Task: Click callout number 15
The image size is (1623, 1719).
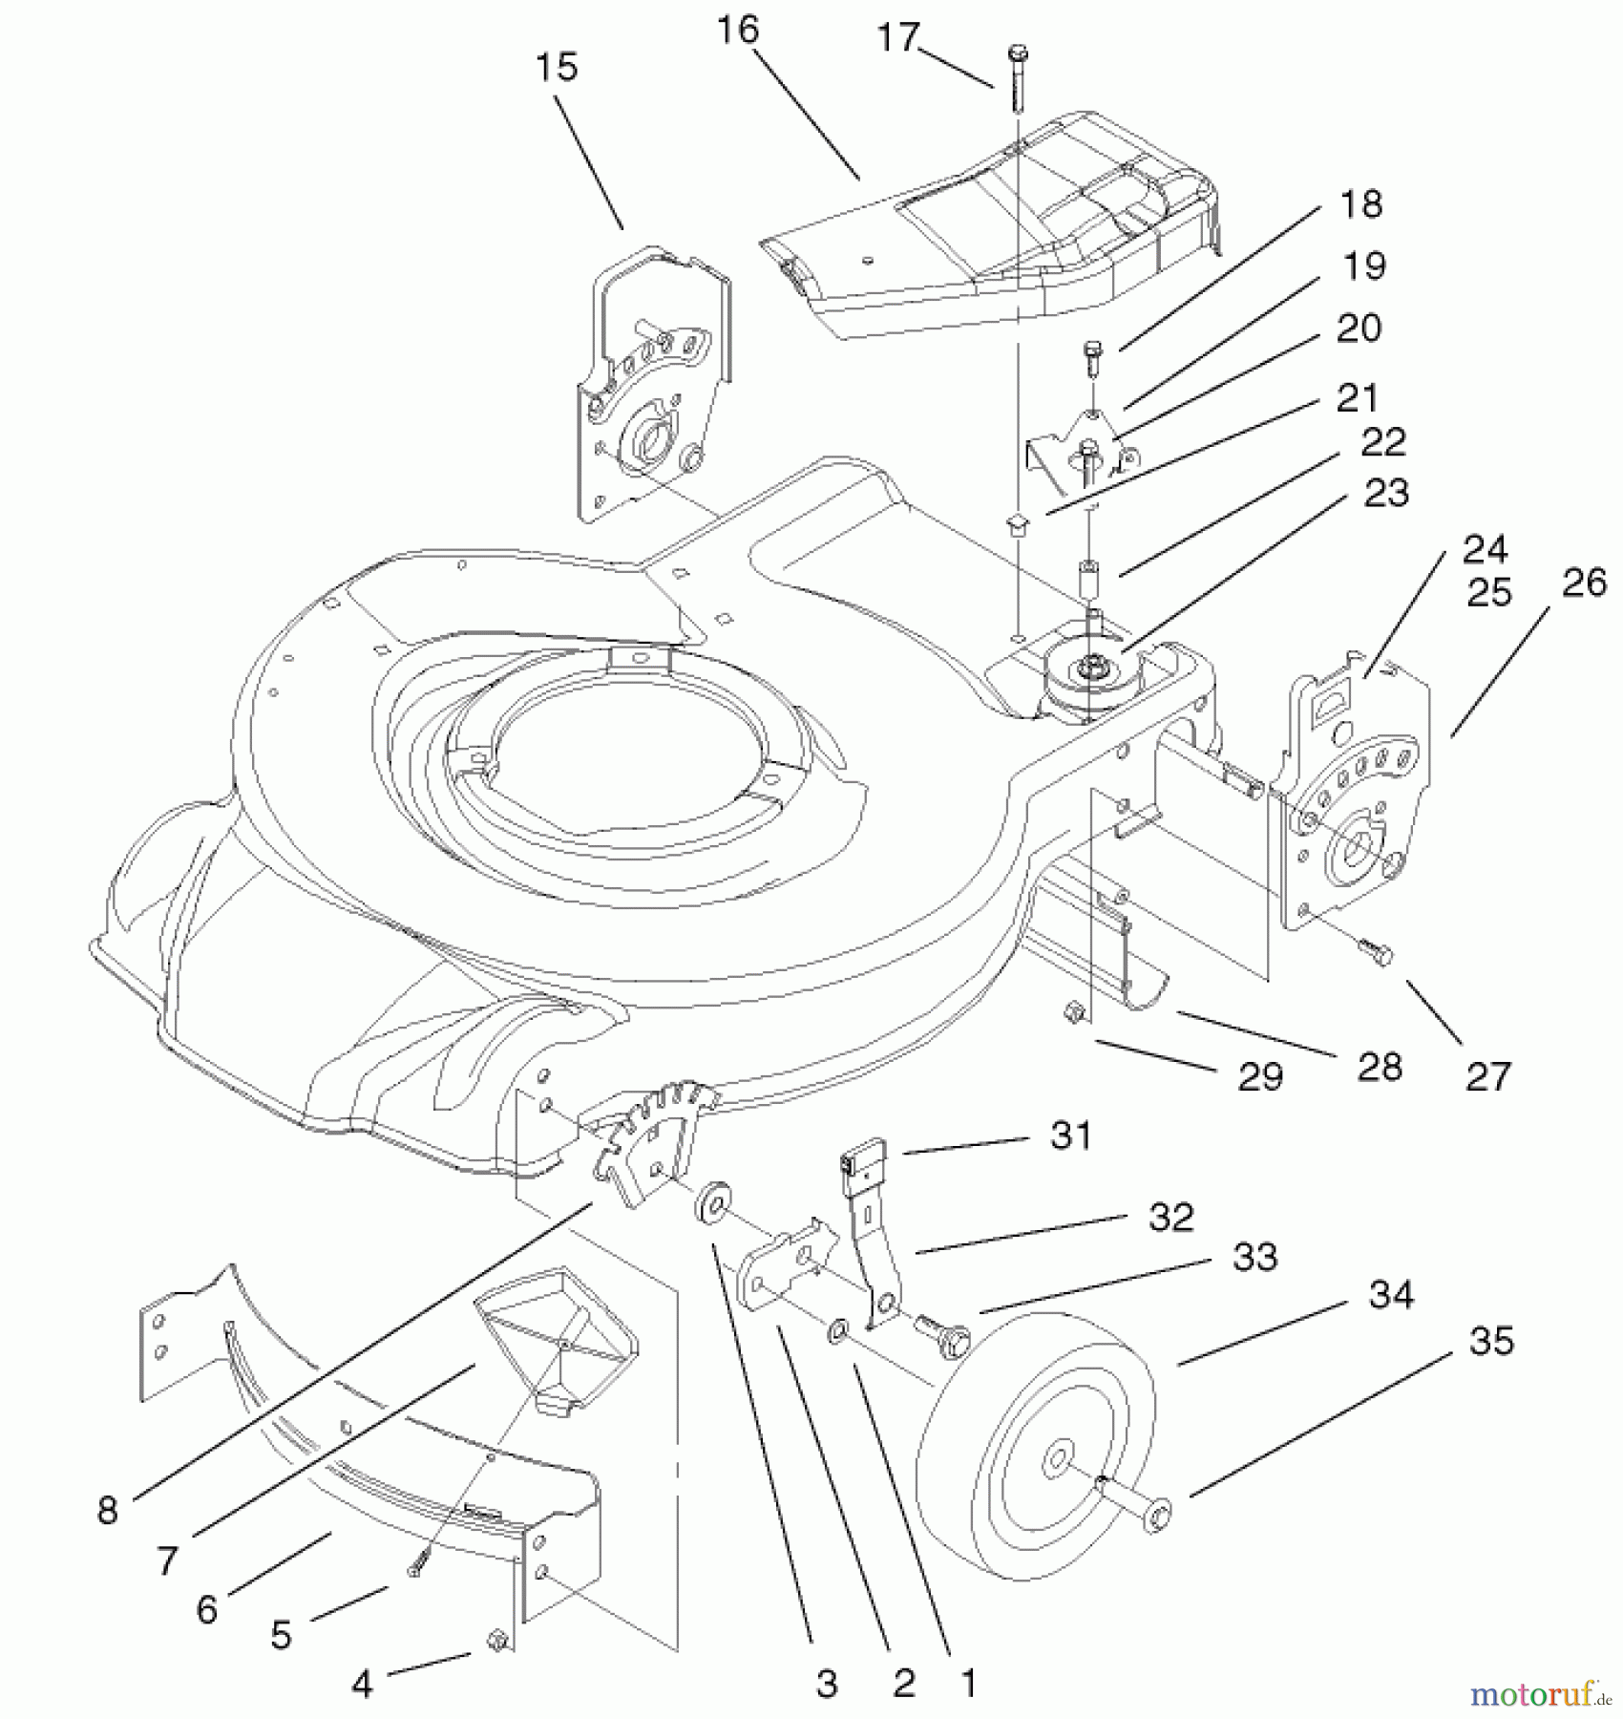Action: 557,68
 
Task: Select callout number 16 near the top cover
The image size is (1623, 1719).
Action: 738,31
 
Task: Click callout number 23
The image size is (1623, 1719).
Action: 1386,494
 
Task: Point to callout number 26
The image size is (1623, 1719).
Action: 1585,583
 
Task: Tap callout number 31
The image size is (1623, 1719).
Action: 1071,1135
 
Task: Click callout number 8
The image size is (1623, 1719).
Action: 108,1510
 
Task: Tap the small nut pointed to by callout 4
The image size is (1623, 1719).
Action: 495,1641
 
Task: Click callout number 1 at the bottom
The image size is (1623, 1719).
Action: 968,1683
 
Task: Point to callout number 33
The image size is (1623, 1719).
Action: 1254,1257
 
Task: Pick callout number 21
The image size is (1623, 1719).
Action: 1357,398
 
